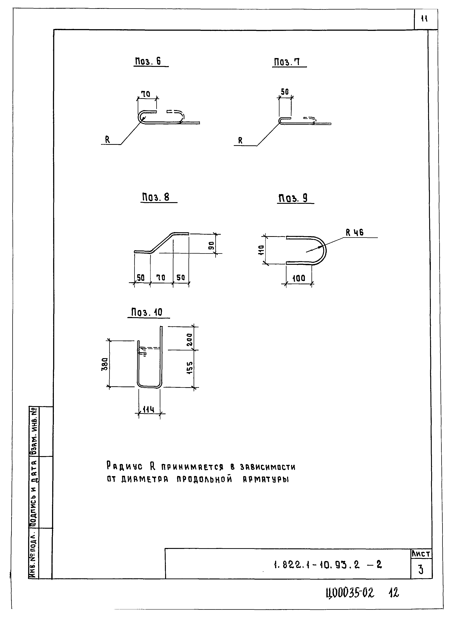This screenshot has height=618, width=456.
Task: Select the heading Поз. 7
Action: [287, 62]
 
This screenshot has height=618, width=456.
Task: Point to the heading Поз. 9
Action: [293, 198]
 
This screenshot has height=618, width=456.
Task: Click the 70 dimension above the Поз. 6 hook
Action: [146, 94]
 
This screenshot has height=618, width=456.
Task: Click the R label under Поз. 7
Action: [240, 141]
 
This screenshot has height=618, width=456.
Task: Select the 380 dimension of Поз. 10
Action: [105, 364]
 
